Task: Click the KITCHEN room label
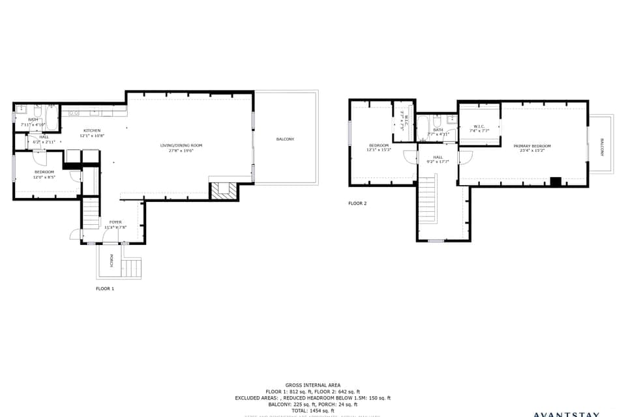(x=91, y=130)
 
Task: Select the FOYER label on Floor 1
(x=115, y=222)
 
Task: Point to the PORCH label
(x=112, y=260)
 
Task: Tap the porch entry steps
(x=132, y=268)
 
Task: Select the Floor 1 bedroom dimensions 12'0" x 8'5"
(x=44, y=177)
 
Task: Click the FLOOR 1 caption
(x=105, y=288)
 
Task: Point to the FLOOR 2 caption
(x=357, y=203)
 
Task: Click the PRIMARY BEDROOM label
(x=531, y=146)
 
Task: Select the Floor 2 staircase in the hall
(x=426, y=201)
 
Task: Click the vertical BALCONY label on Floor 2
(x=601, y=147)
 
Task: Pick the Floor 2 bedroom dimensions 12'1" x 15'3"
(x=379, y=150)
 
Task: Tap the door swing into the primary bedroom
(x=466, y=157)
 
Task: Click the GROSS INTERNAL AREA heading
(x=312, y=385)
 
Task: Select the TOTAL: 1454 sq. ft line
(x=313, y=410)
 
